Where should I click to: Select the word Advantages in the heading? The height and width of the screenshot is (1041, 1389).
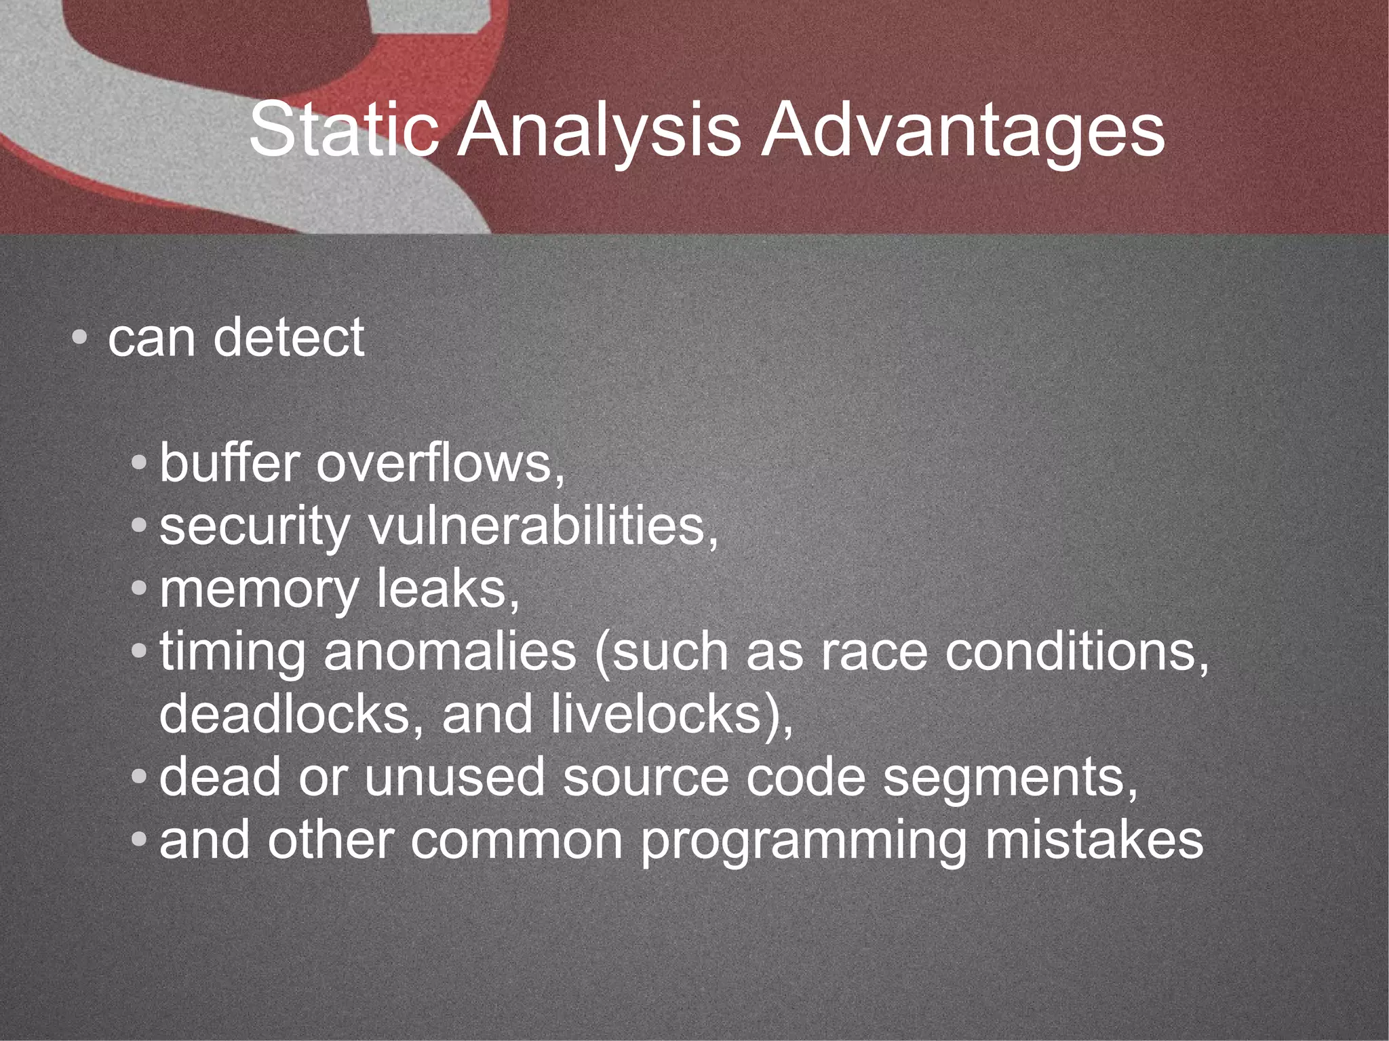[962, 130]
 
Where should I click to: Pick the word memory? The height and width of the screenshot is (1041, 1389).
[258, 590]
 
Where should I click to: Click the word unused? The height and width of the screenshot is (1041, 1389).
[454, 777]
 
